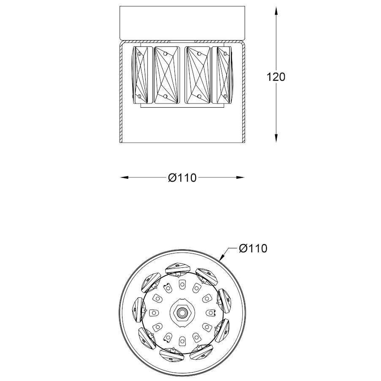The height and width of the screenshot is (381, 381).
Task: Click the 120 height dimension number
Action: pyautogui.click(x=276, y=77)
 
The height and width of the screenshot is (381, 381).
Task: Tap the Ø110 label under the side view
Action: pyautogui.click(x=182, y=178)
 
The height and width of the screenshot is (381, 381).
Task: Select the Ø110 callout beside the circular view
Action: pyautogui.click(x=253, y=248)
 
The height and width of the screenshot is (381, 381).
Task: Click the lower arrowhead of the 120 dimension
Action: pyautogui.click(x=276, y=137)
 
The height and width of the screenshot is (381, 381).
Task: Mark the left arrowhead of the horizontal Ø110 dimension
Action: pyautogui.click(x=125, y=177)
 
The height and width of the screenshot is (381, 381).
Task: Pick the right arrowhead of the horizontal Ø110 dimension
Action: pyautogui.click(x=240, y=177)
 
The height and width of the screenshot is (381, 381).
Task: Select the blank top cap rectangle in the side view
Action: pyautogui.click(x=182, y=23)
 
